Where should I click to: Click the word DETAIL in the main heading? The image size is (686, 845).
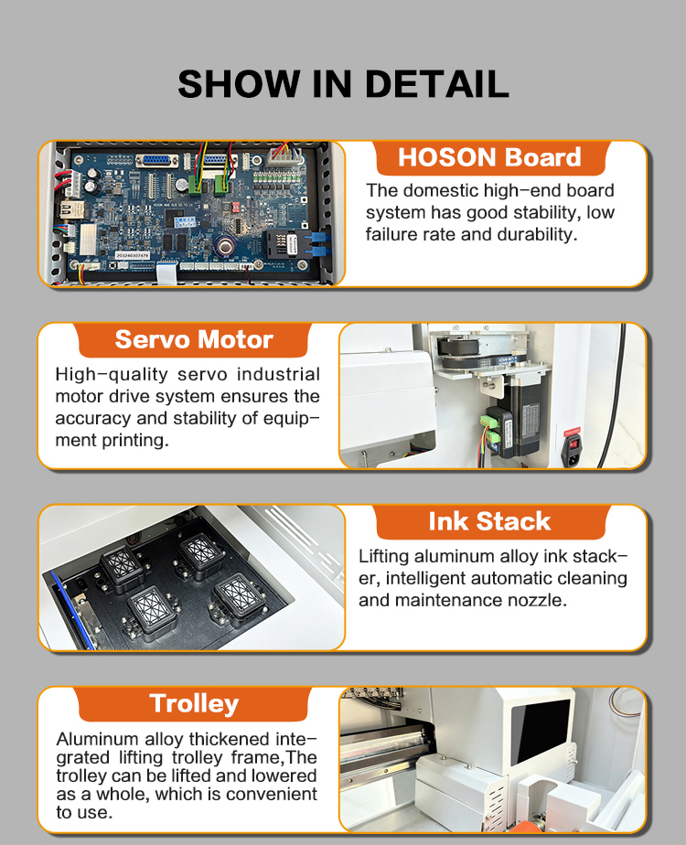436,84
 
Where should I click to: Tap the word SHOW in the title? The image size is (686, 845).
239,84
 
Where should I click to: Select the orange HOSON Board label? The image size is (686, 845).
490,158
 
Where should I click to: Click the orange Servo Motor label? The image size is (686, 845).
194,340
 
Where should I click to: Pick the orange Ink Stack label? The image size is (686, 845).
490,521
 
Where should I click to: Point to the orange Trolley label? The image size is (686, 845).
194,704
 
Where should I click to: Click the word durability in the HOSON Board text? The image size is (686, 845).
536,235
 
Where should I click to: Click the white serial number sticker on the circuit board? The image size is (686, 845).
133,255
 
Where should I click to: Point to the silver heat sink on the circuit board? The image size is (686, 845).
89,239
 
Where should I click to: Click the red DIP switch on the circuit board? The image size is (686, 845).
235,207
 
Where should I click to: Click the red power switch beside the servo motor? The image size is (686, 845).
574,444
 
